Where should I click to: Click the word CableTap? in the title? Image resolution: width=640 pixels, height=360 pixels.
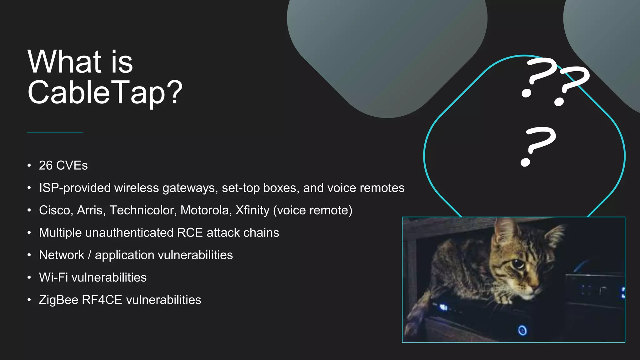(x=105, y=92)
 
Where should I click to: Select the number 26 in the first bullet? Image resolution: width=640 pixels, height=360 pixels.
(x=46, y=166)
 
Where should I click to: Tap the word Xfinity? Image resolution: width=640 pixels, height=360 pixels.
(x=252, y=210)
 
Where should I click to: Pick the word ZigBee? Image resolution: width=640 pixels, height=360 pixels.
(x=58, y=300)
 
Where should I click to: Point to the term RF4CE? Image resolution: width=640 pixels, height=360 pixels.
(x=102, y=300)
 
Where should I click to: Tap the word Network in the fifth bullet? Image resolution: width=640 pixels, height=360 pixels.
(x=62, y=255)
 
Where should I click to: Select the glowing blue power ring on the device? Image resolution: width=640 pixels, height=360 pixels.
(x=522, y=330)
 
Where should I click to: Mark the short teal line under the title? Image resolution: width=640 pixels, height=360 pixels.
(x=55, y=133)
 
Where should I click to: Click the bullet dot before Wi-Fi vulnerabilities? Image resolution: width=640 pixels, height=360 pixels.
(x=29, y=277)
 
